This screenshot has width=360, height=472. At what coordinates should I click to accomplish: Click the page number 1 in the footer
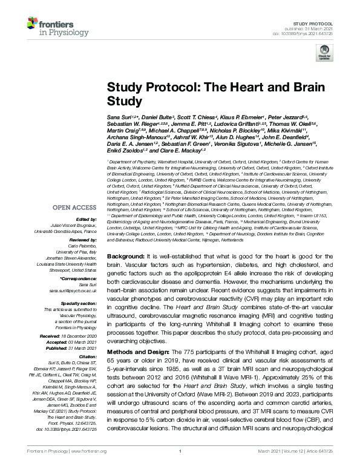click(x=180, y=467)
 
